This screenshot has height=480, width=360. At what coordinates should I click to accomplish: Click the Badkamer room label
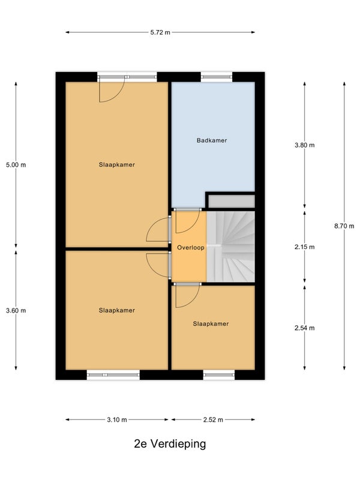[x=212, y=140]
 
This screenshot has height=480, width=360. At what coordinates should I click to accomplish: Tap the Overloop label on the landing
[x=190, y=247]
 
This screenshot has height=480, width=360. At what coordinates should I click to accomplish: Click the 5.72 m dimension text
[x=160, y=32]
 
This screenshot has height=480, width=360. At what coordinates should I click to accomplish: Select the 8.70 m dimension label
[x=344, y=226]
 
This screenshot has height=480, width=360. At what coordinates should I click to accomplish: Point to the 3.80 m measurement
[x=304, y=145]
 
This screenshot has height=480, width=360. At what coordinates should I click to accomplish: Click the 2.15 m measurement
[x=304, y=247]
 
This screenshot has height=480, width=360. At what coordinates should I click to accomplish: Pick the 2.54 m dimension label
[x=304, y=328]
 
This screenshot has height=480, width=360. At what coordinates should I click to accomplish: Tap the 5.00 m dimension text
[x=16, y=164]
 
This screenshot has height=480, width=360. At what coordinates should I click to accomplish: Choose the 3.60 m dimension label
[x=16, y=310]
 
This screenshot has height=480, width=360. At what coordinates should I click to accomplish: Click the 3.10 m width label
[x=116, y=419]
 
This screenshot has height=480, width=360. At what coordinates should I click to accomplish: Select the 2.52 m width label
[x=213, y=419]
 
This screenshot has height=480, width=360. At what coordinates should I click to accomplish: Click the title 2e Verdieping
[x=170, y=443]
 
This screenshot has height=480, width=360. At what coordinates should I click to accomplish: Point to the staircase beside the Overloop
[x=231, y=247]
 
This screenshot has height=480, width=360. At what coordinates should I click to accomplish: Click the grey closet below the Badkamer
[x=232, y=202]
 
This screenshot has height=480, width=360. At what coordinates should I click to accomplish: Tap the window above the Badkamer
[x=217, y=77]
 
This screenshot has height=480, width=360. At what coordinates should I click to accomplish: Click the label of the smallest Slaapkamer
[x=211, y=324]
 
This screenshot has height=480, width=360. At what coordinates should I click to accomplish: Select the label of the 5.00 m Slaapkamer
[x=116, y=164]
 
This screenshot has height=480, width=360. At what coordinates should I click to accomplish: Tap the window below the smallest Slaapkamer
[x=219, y=374]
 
